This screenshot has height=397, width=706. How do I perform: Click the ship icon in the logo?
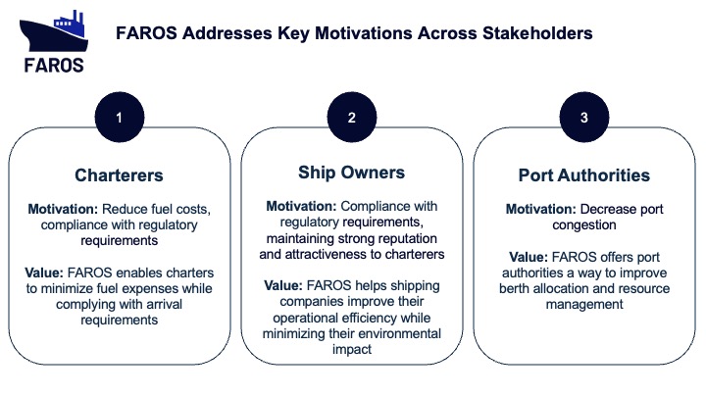click(53, 31)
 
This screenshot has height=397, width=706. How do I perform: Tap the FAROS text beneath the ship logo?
click(54, 66)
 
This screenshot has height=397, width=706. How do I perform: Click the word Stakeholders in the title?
click(537, 33)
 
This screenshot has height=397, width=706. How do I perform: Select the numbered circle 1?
click(120, 117)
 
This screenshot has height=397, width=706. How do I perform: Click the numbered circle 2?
click(352, 117)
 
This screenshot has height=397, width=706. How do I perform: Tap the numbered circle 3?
click(584, 117)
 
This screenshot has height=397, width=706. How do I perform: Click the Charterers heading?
click(119, 175)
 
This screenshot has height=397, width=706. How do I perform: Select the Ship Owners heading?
click(352, 173)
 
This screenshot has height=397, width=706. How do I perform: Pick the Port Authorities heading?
click(584, 175)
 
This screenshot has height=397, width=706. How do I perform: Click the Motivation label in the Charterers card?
click(63, 210)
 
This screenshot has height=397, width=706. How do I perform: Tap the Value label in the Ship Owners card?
click(283, 286)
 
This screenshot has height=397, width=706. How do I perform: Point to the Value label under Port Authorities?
click(529, 257)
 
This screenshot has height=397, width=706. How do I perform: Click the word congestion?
click(584, 225)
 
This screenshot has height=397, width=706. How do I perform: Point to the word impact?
click(352, 350)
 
